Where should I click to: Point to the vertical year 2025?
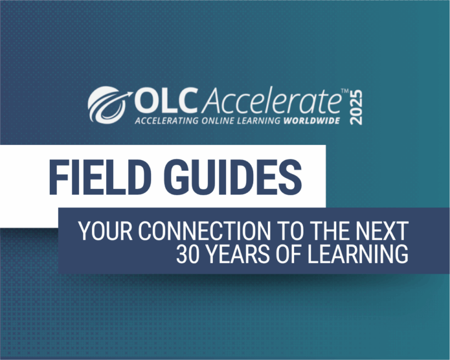click(x=355, y=106)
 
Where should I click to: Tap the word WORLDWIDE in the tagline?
click(x=314, y=122)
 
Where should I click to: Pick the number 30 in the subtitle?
click(x=187, y=254)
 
